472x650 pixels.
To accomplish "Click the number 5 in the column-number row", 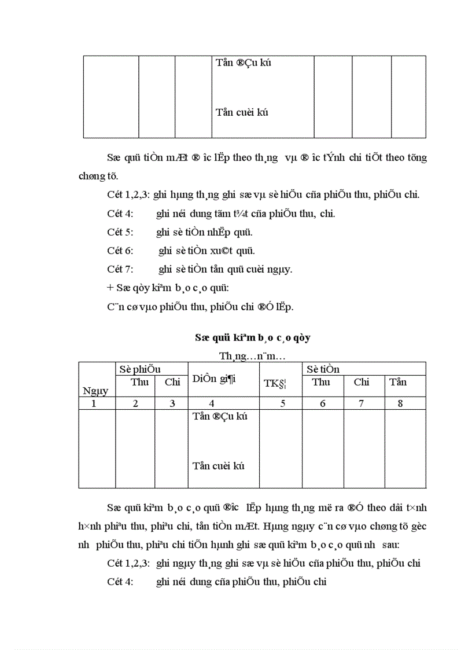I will coord(282,403).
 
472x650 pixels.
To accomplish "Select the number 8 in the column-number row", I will coord(400,403).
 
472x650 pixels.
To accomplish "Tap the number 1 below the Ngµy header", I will coord(94,403).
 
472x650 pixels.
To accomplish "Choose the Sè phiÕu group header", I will coord(140,369).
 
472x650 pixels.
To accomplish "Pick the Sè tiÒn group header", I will coord(323,369).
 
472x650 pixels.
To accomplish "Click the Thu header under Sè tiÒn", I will coord(321,382).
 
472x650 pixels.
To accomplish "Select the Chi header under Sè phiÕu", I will coord(172,382).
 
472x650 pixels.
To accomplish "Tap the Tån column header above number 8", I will coord(398,382).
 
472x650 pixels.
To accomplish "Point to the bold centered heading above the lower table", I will coord(253,337).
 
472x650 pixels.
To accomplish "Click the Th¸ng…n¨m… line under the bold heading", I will coord(252,354).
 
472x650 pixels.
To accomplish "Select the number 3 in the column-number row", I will coord(172,403).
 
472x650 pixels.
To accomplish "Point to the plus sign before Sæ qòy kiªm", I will coord(110,288).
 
